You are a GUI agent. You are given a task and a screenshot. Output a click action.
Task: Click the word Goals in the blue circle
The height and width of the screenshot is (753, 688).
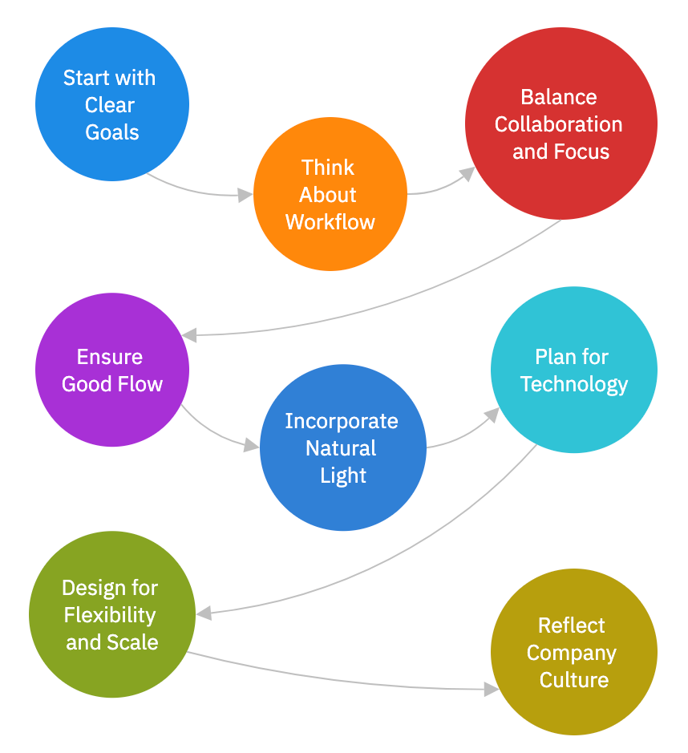tap(112, 132)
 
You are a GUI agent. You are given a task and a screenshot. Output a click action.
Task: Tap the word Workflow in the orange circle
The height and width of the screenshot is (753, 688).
tap(330, 222)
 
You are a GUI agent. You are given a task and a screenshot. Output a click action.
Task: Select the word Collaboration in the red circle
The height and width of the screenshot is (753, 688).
tap(558, 124)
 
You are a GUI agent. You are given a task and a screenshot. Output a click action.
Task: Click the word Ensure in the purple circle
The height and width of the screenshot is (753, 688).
tap(110, 357)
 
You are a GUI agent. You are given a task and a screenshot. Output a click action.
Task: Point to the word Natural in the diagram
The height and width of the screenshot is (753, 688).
tap(341, 448)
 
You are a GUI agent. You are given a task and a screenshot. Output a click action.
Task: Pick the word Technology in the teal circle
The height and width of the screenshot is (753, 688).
tap(574, 384)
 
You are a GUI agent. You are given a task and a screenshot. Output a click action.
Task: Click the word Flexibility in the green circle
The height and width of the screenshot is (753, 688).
tap(110, 615)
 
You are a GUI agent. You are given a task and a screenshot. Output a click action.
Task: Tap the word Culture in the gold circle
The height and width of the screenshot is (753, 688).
tap(574, 680)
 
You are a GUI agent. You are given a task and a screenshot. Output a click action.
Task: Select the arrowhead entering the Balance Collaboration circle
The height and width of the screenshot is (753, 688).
tap(467, 174)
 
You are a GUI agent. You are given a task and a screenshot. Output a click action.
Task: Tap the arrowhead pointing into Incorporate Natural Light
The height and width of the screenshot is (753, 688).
tap(252, 445)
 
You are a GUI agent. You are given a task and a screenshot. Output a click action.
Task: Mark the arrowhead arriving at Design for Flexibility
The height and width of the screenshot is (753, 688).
tap(204, 613)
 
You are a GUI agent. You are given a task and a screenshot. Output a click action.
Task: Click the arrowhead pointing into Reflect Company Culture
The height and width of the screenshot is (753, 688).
tap(491, 688)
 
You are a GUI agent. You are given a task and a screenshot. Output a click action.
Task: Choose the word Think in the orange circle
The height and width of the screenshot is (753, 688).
tap(328, 168)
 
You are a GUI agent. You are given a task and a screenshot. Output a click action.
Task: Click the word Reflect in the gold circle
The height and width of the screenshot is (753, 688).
tap(572, 625)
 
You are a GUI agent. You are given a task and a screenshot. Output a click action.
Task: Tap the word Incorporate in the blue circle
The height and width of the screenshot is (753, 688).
tap(342, 421)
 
